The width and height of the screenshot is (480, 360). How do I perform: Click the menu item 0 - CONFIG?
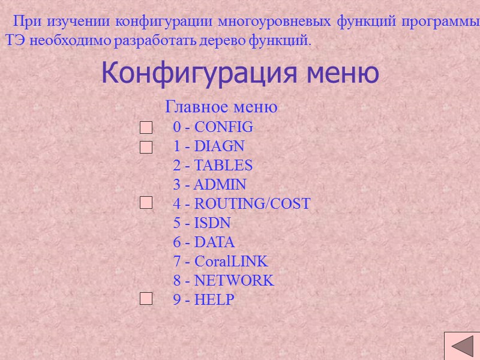point(213,127)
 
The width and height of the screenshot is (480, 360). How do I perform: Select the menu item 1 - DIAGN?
point(209,146)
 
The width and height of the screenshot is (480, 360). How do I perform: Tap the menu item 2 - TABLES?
point(213,165)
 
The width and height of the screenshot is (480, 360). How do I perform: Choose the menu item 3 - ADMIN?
point(209,184)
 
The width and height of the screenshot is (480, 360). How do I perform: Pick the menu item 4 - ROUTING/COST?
point(241,203)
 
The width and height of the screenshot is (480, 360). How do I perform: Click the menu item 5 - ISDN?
point(202,223)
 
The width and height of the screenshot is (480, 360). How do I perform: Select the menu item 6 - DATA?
point(204,242)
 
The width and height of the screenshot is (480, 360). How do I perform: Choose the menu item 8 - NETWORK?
point(223,281)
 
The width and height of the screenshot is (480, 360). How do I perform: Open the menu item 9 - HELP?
point(203,300)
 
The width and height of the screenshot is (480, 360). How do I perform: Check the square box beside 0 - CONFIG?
point(146,128)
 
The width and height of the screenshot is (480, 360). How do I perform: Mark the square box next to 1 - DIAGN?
point(146,147)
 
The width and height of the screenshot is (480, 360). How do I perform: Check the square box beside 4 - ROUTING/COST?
point(146,204)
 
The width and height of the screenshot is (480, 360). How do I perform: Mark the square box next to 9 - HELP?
point(146,298)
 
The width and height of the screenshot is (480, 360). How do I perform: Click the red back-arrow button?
point(461,346)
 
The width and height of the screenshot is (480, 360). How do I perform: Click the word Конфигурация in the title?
point(200,73)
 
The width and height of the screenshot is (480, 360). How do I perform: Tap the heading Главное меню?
point(221,107)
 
